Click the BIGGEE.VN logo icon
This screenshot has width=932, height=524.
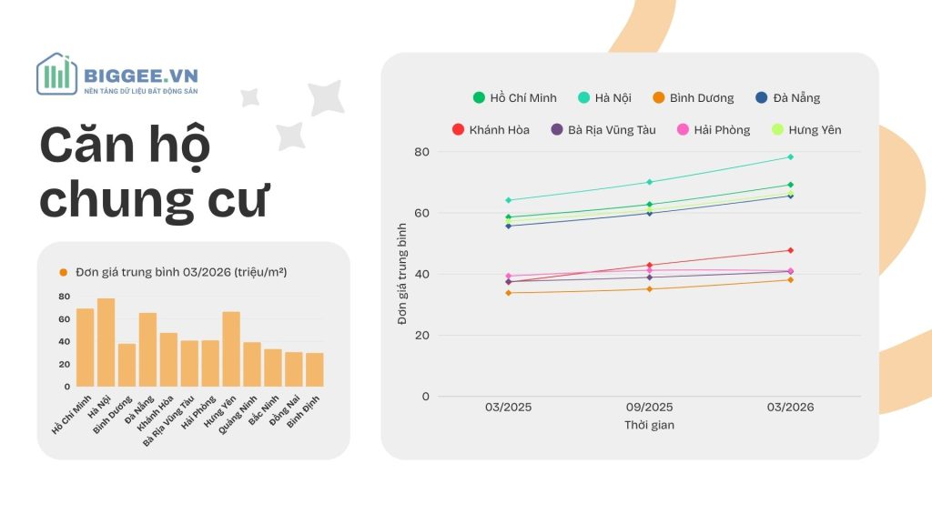click(x=56, y=74)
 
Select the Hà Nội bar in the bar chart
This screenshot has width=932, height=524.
click(x=106, y=342)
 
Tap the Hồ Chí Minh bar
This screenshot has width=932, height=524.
click(x=85, y=348)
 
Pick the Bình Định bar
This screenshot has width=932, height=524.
click(x=315, y=369)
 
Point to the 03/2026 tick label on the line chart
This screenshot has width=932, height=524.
click(x=790, y=408)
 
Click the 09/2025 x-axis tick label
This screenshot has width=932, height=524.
click(x=649, y=408)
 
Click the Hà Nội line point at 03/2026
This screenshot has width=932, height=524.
click(x=790, y=157)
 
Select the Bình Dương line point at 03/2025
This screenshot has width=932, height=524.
click(x=508, y=293)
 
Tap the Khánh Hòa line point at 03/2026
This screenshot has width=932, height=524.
click(x=790, y=250)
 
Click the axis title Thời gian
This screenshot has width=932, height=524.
click(x=649, y=425)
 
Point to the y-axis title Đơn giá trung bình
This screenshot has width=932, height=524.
click(x=402, y=274)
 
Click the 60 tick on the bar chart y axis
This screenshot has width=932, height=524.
click(x=65, y=319)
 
